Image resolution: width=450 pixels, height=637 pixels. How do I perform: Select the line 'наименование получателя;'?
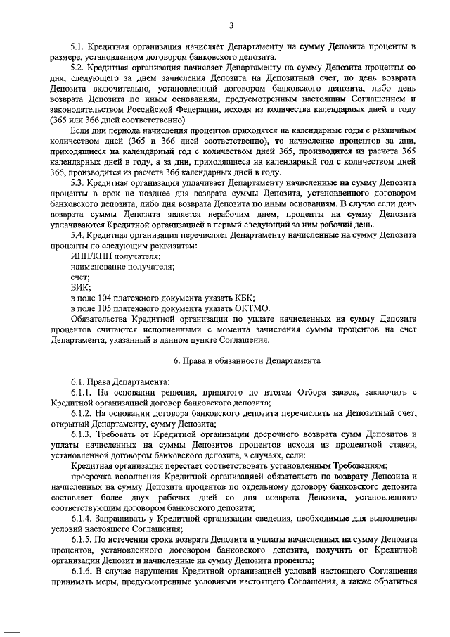122,266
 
